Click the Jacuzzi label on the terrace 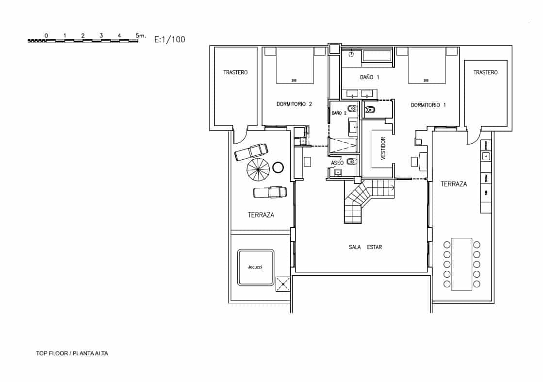[x=255, y=267]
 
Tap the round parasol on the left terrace [x=258, y=169]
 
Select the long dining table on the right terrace [x=461, y=264]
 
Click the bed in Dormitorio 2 [x=295, y=66]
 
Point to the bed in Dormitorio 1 [x=427, y=66]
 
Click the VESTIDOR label [x=383, y=148]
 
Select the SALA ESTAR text [x=365, y=247]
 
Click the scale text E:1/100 [x=169, y=40]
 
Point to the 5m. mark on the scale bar [x=140, y=35]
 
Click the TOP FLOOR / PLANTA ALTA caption [x=72, y=353]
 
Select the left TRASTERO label [x=235, y=72]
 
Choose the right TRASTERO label [x=485, y=72]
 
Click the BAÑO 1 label [x=369, y=77]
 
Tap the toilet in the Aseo [x=352, y=162]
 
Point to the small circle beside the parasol [x=278, y=167]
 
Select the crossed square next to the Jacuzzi [x=282, y=283]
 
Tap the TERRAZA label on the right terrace [x=454, y=184]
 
